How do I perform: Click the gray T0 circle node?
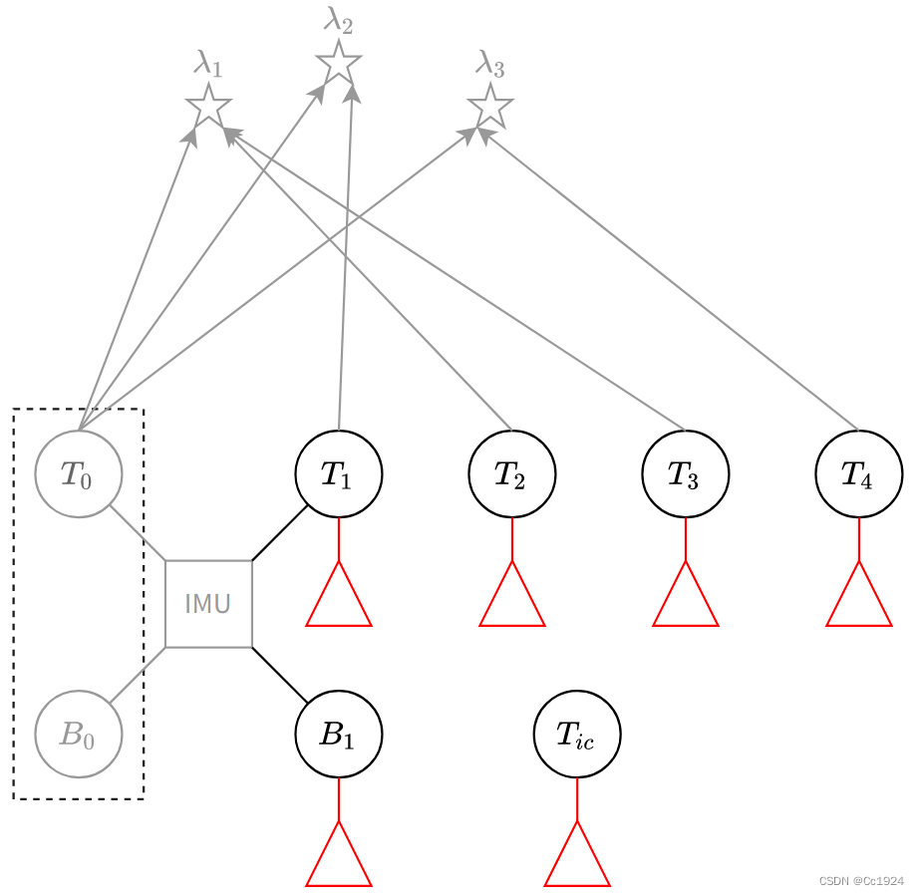click(x=79, y=473)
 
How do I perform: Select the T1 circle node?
click(x=339, y=473)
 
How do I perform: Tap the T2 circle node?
click(x=512, y=473)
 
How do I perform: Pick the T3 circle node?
click(x=686, y=473)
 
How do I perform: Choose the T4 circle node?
click(x=859, y=473)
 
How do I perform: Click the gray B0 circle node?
click(x=79, y=735)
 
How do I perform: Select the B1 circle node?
click(x=339, y=735)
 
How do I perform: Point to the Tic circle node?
click(x=577, y=735)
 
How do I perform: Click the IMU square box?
click(x=208, y=603)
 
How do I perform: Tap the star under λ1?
click(x=208, y=106)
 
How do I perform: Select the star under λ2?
click(x=339, y=63)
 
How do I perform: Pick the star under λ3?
click(x=490, y=107)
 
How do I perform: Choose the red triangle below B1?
click(x=339, y=860)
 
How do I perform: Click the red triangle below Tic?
click(x=577, y=860)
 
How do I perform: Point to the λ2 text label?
click(x=339, y=19)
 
